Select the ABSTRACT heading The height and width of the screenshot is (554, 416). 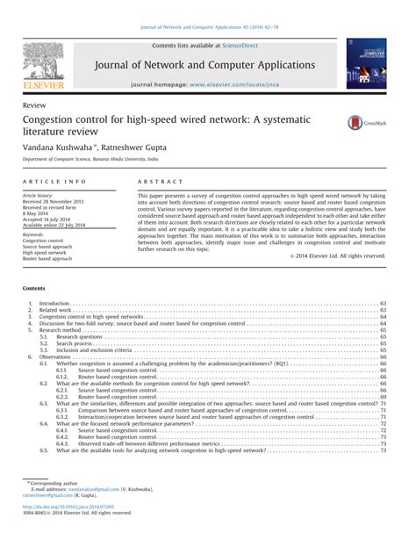pos(153,181)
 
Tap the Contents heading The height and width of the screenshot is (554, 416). pos(38,288)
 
